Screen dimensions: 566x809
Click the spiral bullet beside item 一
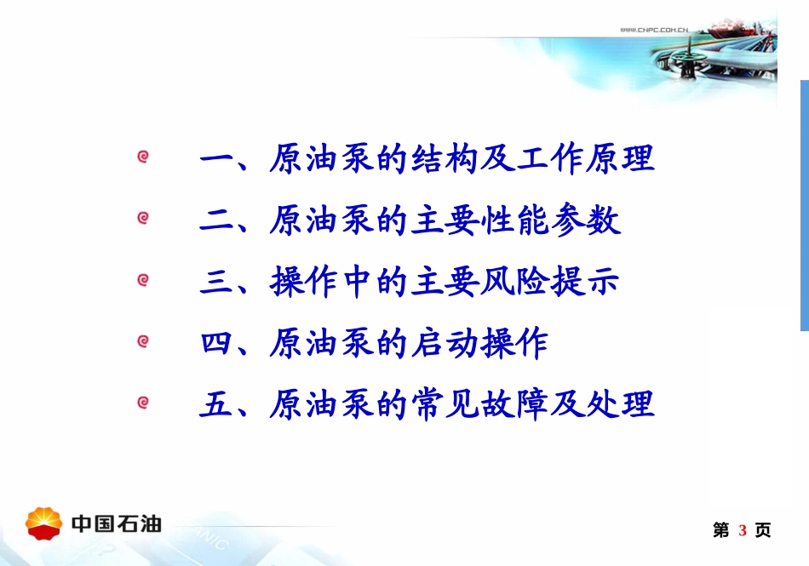pos(143,157)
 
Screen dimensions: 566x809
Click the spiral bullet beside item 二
pos(143,218)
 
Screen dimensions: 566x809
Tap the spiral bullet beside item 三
pos(143,279)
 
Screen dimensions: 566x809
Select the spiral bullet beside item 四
pos(143,341)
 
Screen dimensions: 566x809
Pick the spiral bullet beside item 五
pos(143,403)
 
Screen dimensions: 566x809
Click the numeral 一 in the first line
pos(216,159)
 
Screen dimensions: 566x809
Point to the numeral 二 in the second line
pos(216,220)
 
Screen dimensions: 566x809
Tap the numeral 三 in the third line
pos(216,283)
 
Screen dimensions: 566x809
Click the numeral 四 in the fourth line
pos(216,344)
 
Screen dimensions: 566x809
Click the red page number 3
pos(743,531)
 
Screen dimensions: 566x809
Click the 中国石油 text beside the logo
pos(117,523)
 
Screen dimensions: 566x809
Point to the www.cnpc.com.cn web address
pos(654,30)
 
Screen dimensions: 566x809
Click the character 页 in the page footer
pos(763,531)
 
